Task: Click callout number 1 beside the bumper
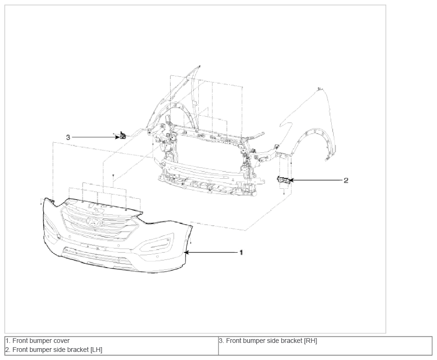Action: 242,252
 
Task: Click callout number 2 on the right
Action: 346,180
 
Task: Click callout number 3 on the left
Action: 68,138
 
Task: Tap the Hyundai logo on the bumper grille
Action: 94,221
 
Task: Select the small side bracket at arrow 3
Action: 122,136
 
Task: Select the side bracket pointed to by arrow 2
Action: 283,180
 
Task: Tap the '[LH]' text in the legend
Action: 96,350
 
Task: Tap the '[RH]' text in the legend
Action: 311,341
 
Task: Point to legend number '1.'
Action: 8,341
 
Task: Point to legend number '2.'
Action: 8,350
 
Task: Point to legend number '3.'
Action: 222,341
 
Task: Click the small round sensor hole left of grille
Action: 59,237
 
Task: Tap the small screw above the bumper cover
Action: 113,175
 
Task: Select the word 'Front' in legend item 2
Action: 20,350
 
